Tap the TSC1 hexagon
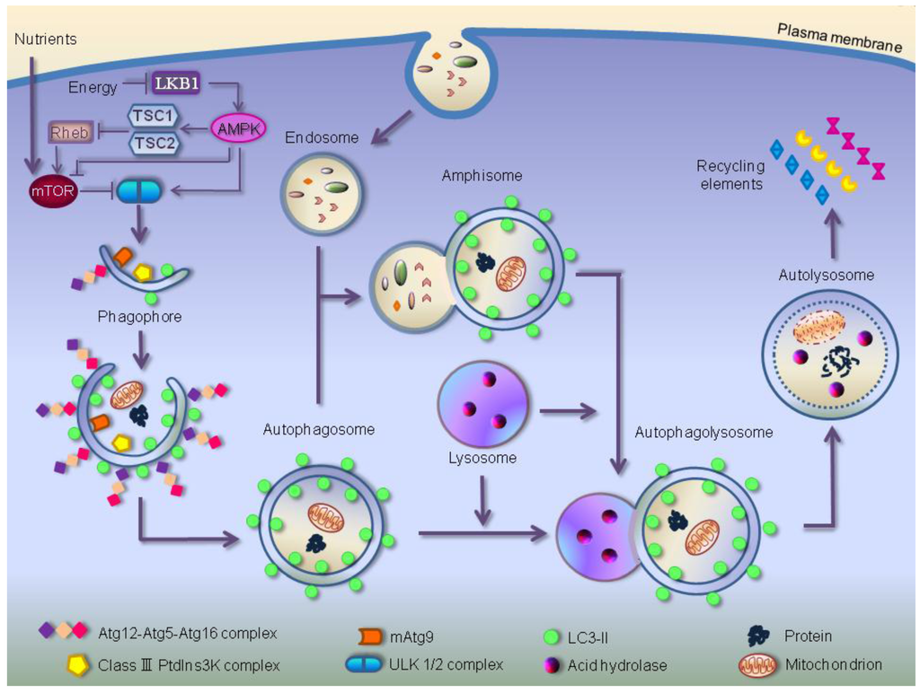155,116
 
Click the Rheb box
70,133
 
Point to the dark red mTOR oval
56,190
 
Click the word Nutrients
46,39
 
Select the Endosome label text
322,138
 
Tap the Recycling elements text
729,175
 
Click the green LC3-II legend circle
553,636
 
